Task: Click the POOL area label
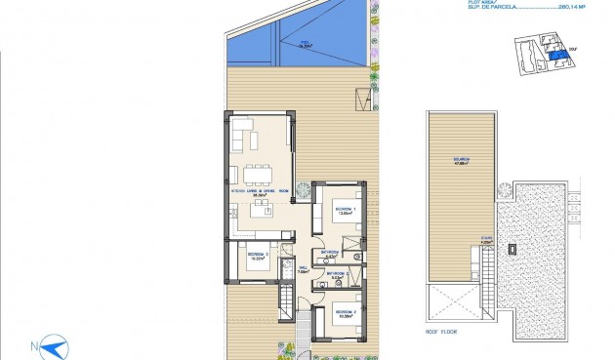pyautogui.click(x=306, y=44)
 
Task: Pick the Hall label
pyautogui.click(x=304, y=270)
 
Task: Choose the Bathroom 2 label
pyautogui.click(x=338, y=276)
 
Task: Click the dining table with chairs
pyautogui.click(x=260, y=175)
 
